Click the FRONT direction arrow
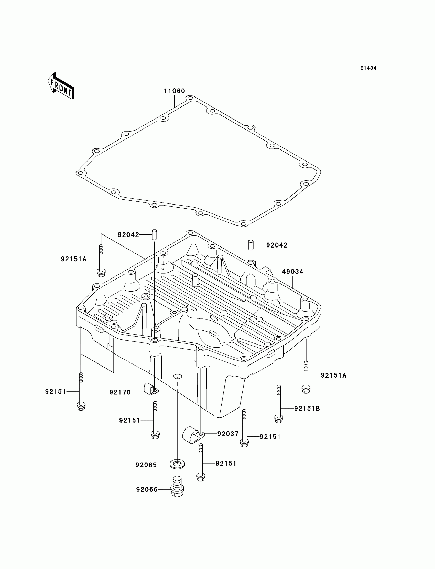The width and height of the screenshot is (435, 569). [x=61, y=86]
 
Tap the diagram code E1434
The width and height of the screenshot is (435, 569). [x=368, y=68]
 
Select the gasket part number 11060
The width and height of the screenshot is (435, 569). [x=174, y=91]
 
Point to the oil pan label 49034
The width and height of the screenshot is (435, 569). [x=292, y=271]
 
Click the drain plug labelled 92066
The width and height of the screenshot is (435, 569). [x=177, y=489]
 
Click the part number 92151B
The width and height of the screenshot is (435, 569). [x=307, y=409]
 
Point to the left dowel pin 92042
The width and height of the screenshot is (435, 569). [x=154, y=235]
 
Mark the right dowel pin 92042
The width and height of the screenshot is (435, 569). [x=251, y=245]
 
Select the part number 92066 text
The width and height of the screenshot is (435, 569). [x=147, y=489]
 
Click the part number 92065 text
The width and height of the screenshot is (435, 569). [x=146, y=465]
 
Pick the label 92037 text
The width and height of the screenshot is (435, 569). [x=228, y=434]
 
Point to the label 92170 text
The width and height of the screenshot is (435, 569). [x=120, y=392]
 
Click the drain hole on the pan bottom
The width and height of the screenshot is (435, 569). [x=177, y=376]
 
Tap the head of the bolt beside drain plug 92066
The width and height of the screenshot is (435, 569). [x=201, y=477]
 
